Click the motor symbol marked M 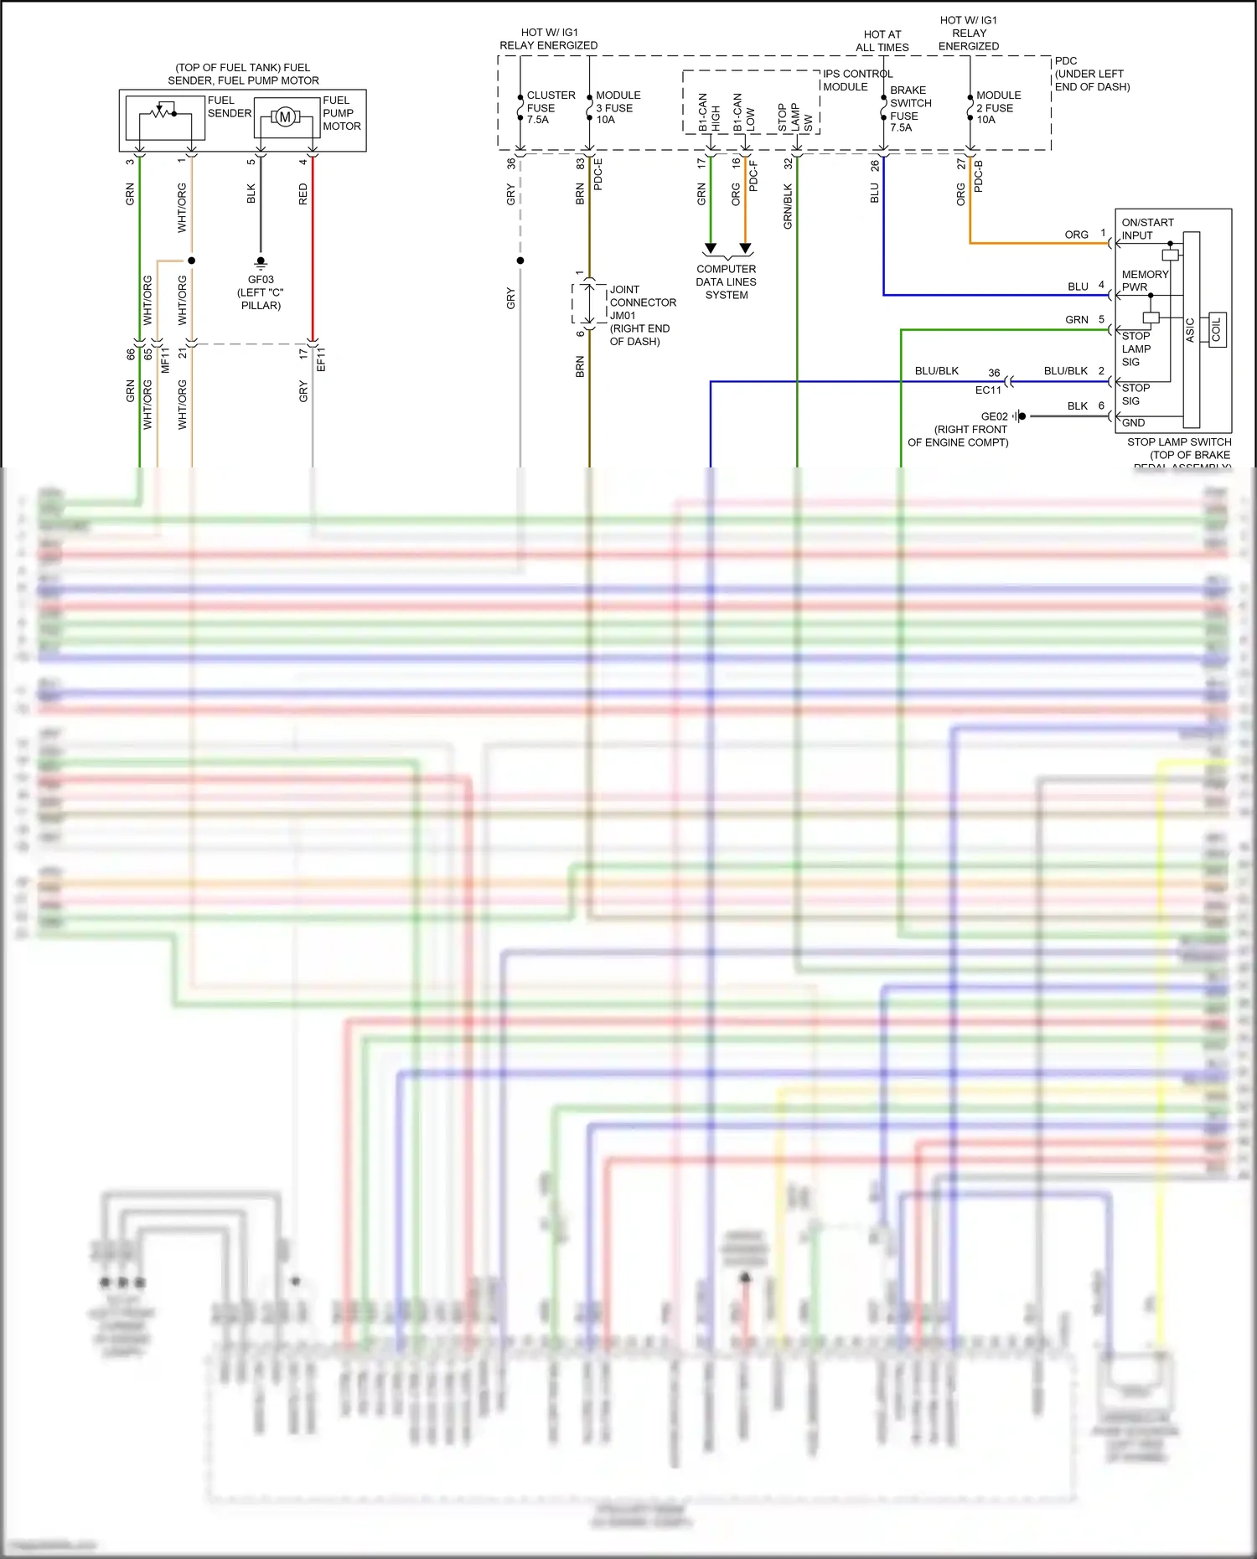(x=285, y=117)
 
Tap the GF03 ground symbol (x=261, y=262)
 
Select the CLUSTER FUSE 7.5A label (x=550, y=107)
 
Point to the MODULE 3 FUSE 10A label (x=618, y=107)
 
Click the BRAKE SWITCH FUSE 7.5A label (x=909, y=108)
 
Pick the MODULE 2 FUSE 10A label (x=997, y=107)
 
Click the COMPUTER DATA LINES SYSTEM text (x=726, y=281)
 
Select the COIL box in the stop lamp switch (x=1216, y=329)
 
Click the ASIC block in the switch (x=1190, y=329)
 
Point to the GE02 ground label (x=994, y=416)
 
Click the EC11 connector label (x=988, y=390)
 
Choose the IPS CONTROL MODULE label (x=856, y=80)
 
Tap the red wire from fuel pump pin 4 (x=313, y=251)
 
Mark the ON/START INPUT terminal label (x=1146, y=229)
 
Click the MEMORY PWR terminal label (x=1144, y=281)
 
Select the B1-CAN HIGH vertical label (x=708, y=111)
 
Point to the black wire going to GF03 (x=261, y=209)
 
